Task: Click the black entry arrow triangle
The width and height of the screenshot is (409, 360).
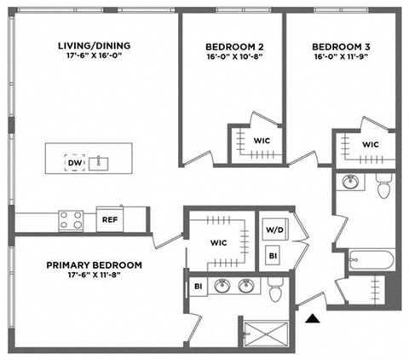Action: pos(314,319)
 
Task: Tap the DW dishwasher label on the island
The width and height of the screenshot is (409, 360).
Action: pos(74,162)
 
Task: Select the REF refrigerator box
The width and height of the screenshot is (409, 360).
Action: pos(109,219)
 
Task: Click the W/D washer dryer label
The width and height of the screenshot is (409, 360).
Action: pos(274,229)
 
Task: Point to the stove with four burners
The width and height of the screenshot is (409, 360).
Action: pos(71,220)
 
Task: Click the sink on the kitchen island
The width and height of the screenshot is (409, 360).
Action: pos(101,162)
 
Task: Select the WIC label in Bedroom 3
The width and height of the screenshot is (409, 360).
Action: pos(370,144)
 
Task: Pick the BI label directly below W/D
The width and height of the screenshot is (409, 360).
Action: pos(273,255)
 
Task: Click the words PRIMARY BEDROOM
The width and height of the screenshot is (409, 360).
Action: pos(94,265)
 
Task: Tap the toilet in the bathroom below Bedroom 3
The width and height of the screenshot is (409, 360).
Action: pos(383,186)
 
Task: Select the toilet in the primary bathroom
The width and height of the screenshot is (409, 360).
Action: pos(274,293)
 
